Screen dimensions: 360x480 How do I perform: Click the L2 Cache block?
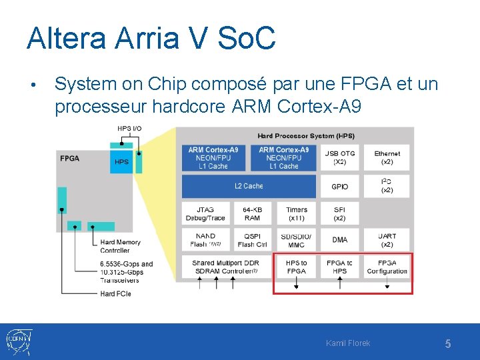(249, 186)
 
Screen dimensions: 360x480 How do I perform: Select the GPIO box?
(339, 186)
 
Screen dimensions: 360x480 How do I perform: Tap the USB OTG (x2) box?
(339, 158)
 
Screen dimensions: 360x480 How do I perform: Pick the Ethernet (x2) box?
(387, 158)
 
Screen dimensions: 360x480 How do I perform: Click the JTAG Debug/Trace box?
(205, 213)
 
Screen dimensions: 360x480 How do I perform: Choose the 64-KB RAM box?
(252, 213)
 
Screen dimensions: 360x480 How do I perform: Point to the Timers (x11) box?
(296, 213)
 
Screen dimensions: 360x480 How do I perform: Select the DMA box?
(339, 240)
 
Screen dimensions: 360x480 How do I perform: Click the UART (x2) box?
(387, 240)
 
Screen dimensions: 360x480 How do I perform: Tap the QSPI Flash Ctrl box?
(252, 240)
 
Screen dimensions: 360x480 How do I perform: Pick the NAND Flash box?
(205, 240)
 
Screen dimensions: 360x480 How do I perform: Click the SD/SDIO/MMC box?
(296, 240)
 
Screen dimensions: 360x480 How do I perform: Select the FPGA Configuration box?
(387, 267)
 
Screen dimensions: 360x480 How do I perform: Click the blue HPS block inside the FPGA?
(121, 161)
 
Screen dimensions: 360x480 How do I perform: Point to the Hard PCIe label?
(115, 293)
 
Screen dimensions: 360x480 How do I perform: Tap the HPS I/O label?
(129, 129)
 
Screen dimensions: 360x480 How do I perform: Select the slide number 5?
(448, 344)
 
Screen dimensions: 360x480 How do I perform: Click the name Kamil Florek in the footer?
(348, 343)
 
